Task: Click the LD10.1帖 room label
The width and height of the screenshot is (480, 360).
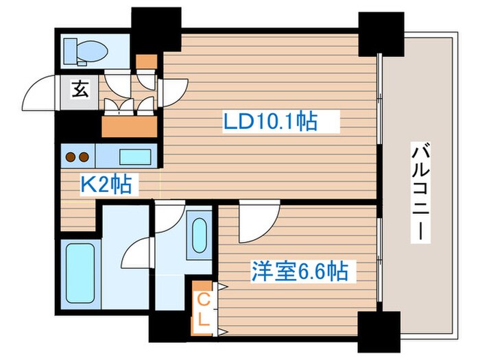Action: click(x=269, y=123)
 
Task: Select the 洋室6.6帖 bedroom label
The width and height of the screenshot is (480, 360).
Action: click(x=298, y=272)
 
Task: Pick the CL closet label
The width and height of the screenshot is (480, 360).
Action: click(x=204, y=309)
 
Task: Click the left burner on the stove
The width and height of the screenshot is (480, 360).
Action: click(x=70, y=156)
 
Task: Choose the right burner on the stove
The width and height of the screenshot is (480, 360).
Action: click(x=83, y=156)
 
